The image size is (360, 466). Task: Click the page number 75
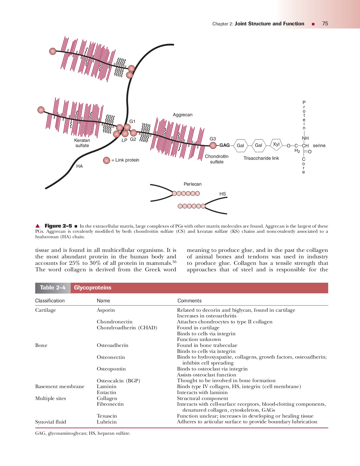pyautogui.click(x=325, y=24)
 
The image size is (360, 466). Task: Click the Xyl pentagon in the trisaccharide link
pyautogui.click(x=276, y=144)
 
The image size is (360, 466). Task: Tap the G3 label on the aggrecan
pyautogui.click(x=212, y=139)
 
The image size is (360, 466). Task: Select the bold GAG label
pyautogui.click(x=224, y=145)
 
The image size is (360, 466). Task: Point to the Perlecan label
pyautogui.click(x=192, y=184)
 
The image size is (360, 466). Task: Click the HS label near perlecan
pyautogui.click(x=222, y=194)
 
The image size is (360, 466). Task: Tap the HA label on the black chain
pyautogui.click(x=79, y=166)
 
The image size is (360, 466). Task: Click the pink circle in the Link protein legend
pyautogui.click(x=106, y=161)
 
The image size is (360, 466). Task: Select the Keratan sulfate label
pyautogui.click(x=82, y=143)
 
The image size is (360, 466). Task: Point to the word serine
pyautogui.click(x=319, y=145)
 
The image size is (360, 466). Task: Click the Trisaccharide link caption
pyautogui.click(x=261, y=158)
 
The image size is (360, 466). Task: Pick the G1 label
pyautogui.click(x=132, y=121)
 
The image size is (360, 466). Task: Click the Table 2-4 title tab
pyautogui.click(x=53, y=288)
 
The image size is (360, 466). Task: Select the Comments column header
pyautogui.click(x=189, y=301)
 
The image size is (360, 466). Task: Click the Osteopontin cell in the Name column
pyautogui.click(x=111, y=369)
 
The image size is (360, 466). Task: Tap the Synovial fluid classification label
pyautogui.click(x=50, y=422)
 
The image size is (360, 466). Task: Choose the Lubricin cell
pyautogui.click(x=107, y=422)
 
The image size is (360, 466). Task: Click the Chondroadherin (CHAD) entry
pyautogui.click(x=127, y=328)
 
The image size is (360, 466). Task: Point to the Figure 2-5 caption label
pyautogui.click(x=58, y=226)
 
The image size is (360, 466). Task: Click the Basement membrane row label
pyautogui.click(x=60, y=387)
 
